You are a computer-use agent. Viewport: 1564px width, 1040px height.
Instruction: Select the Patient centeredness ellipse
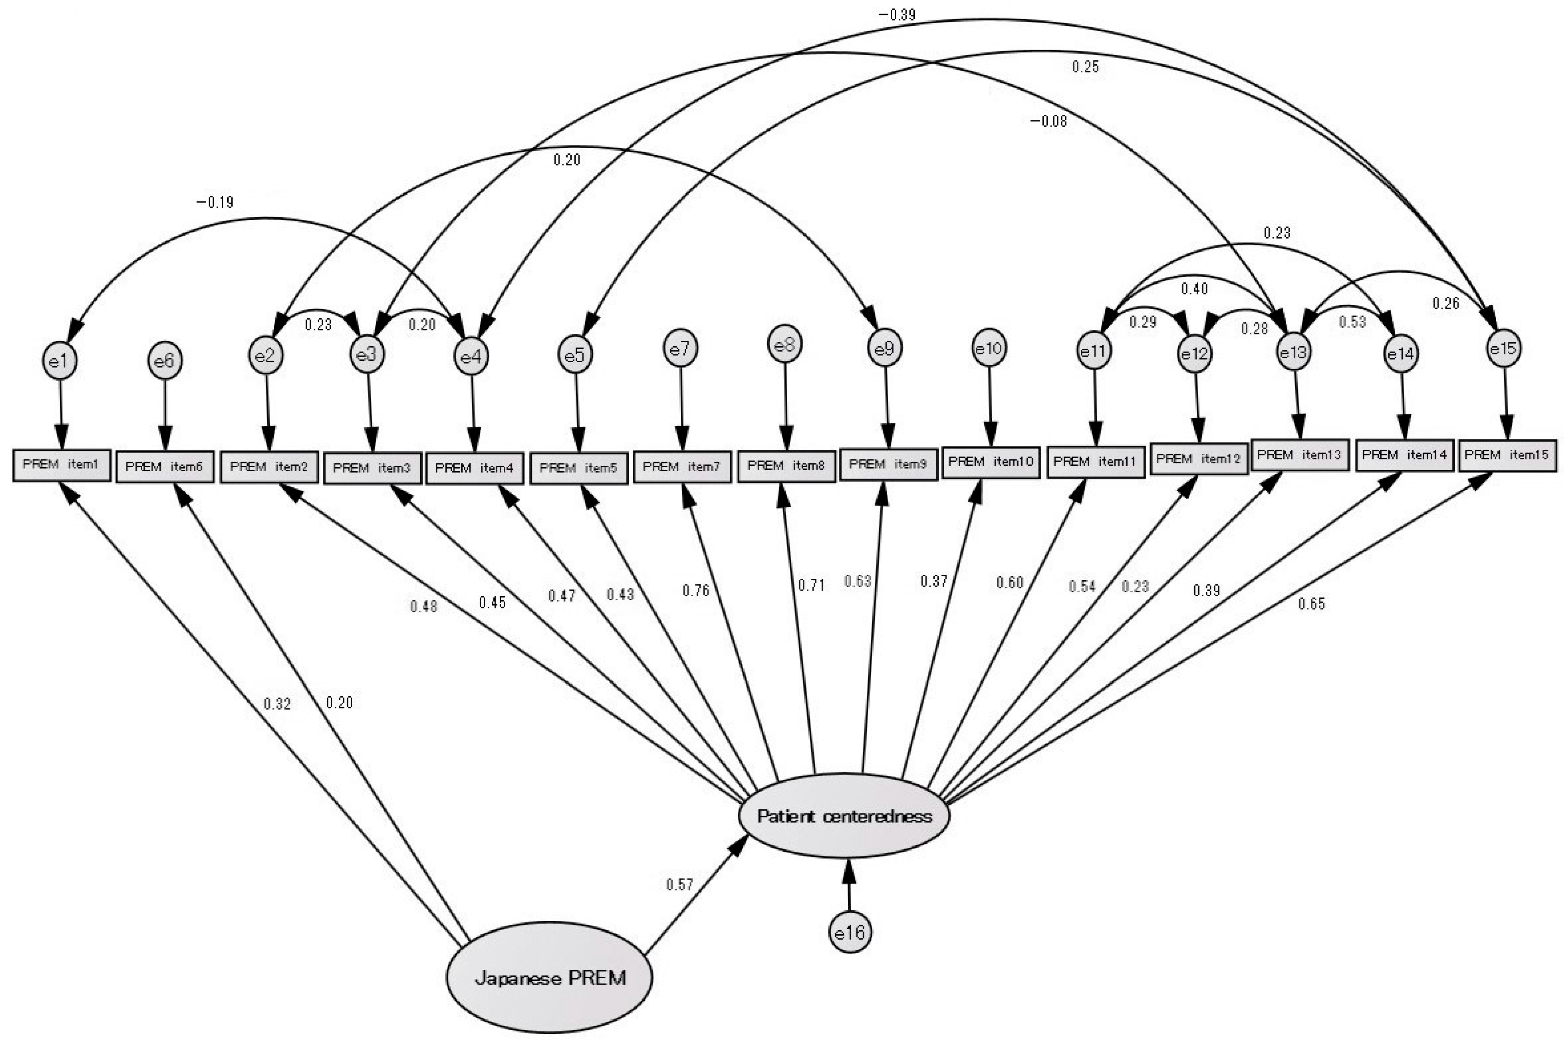pos(844,816)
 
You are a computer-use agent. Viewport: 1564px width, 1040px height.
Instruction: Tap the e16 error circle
pos(850,932)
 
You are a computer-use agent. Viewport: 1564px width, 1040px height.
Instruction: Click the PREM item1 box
pos(61,464)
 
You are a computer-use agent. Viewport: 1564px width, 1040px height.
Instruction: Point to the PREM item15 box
pos(1507,455)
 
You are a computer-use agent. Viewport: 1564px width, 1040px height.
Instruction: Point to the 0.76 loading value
pos(696,590)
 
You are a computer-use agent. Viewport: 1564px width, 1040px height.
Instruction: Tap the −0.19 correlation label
pos(215,202)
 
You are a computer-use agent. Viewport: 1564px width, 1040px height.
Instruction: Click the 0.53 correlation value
pos(1352,322)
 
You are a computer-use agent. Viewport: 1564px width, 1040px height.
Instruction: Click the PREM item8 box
pos(786,466)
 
